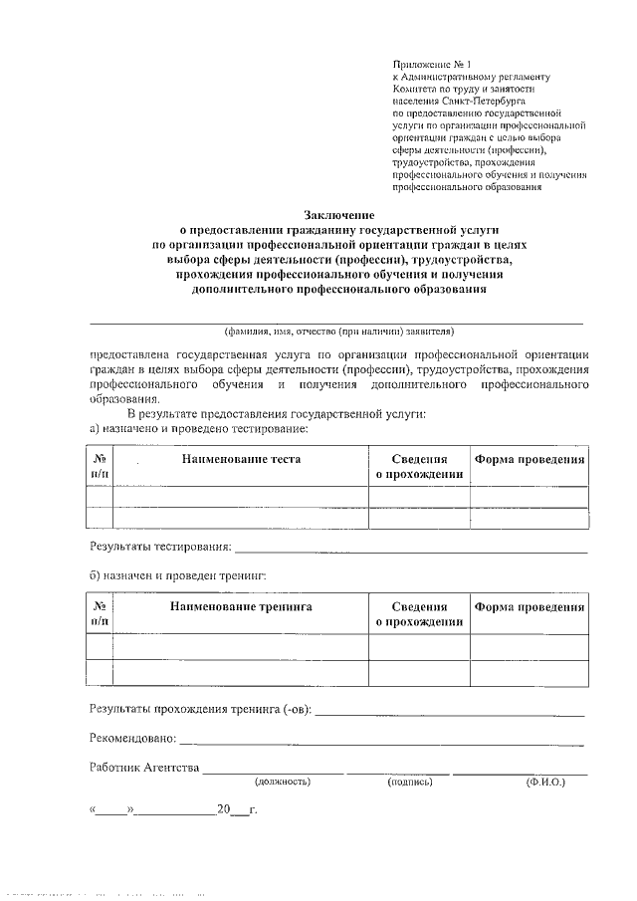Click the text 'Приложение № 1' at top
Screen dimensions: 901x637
pos(431,63)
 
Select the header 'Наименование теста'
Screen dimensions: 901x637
pos(241,459)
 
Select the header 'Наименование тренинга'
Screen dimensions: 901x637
pos(241,606)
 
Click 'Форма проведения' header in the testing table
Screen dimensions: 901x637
pos(529,459)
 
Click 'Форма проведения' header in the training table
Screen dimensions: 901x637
pos(529,606)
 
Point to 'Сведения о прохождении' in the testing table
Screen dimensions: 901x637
pos(419,467)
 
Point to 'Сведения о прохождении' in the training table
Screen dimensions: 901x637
pos(419,614)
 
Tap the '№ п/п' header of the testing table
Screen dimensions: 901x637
pos(100,467)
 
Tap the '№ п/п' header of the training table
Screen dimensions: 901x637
pos(100,614)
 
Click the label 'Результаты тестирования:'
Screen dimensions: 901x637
pos(160,547)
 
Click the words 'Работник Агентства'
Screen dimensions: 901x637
pos(144,768)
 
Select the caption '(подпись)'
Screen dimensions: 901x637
pos(410,784)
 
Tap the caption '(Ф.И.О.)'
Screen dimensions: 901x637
pos(545,784)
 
